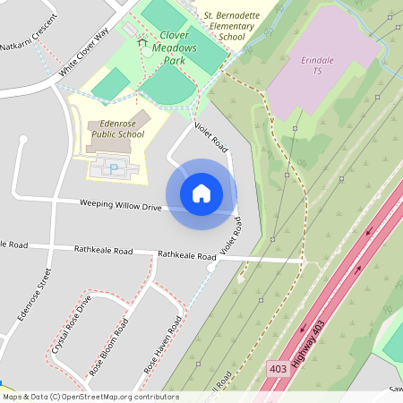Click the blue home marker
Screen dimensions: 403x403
click(201, 193)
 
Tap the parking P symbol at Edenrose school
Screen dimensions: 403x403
click(115, 167)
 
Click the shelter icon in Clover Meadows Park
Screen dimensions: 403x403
click(141, 41)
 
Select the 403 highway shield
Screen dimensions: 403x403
click(279, 368)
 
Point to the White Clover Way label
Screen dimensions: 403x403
click(84, 52)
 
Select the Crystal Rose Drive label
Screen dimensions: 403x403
click(72, 323)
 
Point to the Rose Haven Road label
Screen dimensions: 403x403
click(164, 345)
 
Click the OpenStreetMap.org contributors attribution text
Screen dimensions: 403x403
click(120, 397)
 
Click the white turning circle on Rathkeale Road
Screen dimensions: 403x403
click(211, 267)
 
